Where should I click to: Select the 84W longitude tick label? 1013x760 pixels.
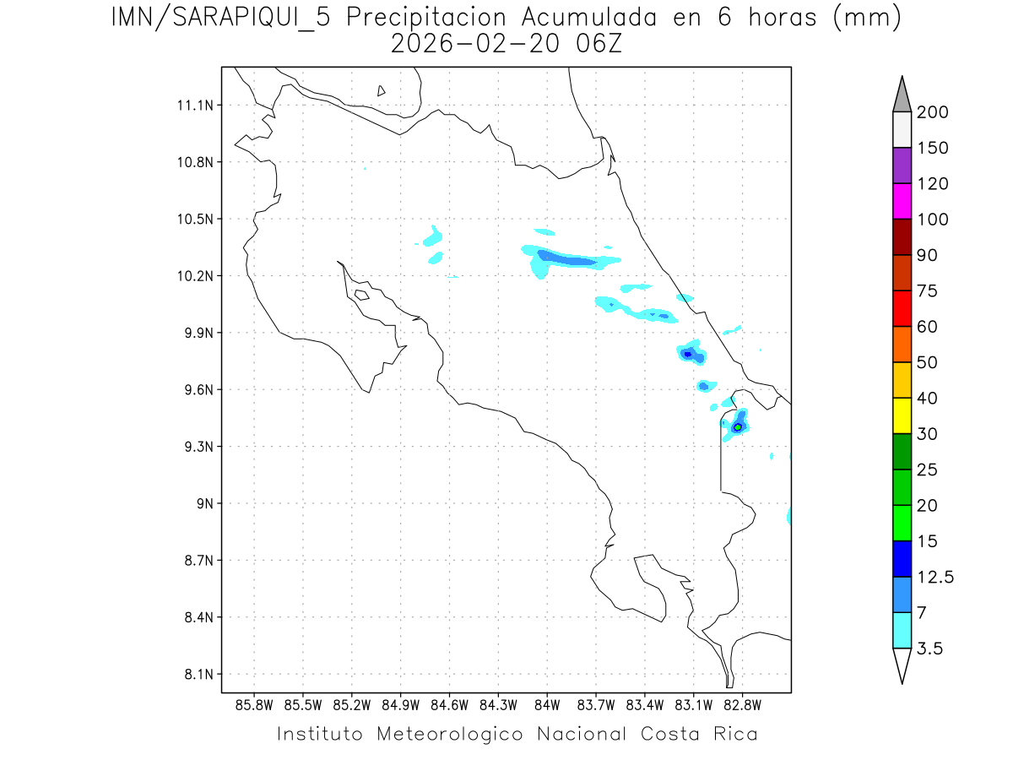[547, 705]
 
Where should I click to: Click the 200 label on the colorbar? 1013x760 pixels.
[932, 112]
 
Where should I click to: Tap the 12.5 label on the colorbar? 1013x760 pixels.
[935, 578]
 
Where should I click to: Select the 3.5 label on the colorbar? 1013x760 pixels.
[931, 649]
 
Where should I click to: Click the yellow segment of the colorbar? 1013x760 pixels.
[902, 415]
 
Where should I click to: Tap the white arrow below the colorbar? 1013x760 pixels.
[902, 665]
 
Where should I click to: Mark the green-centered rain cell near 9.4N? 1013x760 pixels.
[738, 427]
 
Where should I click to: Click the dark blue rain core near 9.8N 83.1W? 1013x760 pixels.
[688, 354]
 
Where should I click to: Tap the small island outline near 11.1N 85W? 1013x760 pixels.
[382, 90]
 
